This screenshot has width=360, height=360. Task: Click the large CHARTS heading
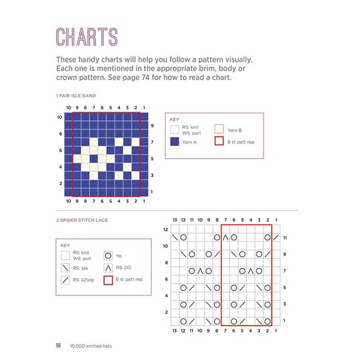86,36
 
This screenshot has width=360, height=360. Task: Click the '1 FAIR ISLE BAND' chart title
76,95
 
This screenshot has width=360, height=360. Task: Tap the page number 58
59,345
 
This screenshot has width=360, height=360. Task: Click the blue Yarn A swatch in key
175,142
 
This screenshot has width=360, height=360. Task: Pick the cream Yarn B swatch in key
218,128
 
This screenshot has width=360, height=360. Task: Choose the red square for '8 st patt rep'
218,142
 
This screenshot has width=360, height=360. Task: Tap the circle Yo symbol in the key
109,256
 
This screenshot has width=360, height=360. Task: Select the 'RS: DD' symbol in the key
109,268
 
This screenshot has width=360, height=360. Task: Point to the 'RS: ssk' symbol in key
65,268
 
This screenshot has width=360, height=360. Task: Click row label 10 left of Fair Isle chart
60,117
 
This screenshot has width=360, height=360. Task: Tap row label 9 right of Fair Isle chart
152,126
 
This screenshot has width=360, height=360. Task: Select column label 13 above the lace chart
174,221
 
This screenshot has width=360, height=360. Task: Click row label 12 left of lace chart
165,229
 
